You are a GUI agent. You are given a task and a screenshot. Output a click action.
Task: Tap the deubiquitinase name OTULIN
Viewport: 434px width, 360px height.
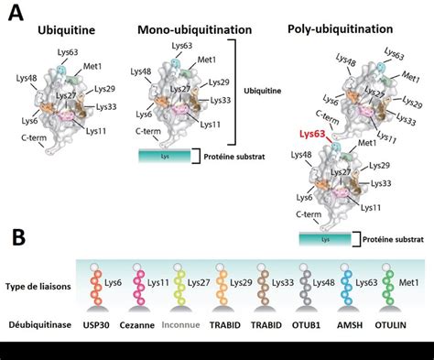[x=404, y=322]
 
